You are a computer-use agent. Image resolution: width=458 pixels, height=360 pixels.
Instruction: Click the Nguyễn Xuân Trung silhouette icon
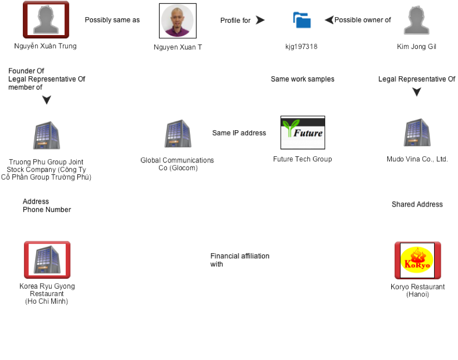coord(46,20)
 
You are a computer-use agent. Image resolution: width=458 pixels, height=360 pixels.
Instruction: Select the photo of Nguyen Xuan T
coord(177,21)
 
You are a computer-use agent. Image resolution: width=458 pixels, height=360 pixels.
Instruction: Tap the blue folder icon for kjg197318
coord(302,20)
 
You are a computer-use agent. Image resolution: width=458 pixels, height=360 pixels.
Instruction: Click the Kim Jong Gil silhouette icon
coord(417,21)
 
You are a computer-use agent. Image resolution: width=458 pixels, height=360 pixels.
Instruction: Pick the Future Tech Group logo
coord(302,133)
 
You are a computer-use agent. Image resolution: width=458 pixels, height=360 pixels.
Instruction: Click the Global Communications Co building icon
coord(177,134)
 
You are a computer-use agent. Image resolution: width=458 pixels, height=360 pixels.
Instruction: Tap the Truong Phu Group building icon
coord(47,135)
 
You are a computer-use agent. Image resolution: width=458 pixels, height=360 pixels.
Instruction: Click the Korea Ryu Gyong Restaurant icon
coord(47,260)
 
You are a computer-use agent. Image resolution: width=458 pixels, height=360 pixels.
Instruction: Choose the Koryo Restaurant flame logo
coord(417,260)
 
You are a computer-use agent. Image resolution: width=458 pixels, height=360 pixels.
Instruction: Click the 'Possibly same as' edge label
coord(112,20)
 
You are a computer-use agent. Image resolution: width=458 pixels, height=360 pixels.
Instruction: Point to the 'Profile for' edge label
coord(235,21)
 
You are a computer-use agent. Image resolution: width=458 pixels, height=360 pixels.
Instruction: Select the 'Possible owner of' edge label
coord(362,20)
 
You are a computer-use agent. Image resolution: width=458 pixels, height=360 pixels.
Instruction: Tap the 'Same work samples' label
coord(302,79)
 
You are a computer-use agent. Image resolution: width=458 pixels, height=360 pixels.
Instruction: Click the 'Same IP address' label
coord(239,133)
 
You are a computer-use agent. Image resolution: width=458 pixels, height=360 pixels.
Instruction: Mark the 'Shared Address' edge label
coord(417,204)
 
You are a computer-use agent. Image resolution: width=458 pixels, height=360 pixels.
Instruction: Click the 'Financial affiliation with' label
coord(240,260)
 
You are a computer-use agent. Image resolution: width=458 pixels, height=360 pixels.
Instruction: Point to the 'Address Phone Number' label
coord(47,205)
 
